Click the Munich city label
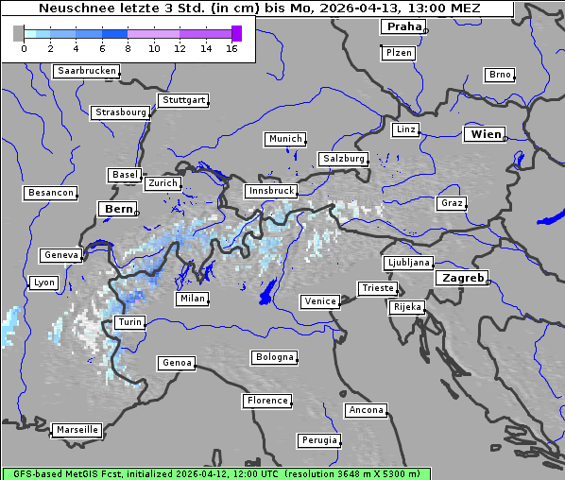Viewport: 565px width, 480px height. (285, 139)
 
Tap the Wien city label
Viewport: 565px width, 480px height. (487, 134)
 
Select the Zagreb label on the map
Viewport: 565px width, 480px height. (463, 278)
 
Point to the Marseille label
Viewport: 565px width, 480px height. (77, 429)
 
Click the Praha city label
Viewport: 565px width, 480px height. (402, 26)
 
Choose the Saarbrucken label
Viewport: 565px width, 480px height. (87, 71)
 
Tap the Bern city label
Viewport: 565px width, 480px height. (119, 209)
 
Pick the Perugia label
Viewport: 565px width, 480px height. (318, 440)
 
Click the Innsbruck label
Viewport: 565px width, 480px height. (270, 191)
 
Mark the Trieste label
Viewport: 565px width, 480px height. (377, 288)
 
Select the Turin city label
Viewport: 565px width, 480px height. (129, 322)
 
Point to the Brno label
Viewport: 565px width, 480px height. (499, 75)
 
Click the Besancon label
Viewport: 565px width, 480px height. (50, 193)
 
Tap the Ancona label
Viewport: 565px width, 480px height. (366, 410)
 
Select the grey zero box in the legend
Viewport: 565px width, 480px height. (19, 33)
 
